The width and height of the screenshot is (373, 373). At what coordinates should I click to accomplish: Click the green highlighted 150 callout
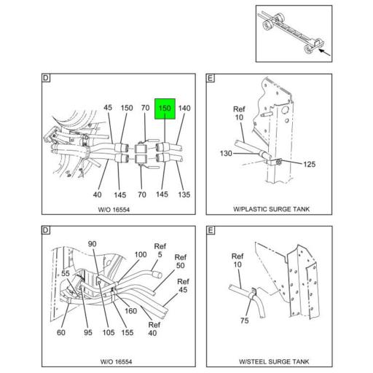(165, 109)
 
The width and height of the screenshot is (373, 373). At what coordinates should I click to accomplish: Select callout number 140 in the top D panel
(184, 108)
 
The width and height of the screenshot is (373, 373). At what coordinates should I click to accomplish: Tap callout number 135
(184, 195)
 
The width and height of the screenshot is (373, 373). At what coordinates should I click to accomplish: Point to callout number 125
(309, 165)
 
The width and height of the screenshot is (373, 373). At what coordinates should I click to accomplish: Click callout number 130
(226, 154)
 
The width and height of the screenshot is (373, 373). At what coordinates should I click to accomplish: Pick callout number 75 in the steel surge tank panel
(245, 321)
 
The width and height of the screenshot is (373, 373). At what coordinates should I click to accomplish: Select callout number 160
(130, 311)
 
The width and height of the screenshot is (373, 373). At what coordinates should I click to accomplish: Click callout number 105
(109, 332)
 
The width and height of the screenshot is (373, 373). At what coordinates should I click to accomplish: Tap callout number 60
(61, 332)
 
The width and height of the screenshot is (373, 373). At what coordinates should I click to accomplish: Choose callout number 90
(92, 244)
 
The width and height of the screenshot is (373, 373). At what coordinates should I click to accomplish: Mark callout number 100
(141, 254)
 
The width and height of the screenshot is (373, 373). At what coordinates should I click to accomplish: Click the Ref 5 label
(160, 251)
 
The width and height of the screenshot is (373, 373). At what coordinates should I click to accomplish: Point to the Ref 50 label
(181, 262)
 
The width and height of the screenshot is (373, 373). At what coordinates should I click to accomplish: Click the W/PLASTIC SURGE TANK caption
(271, 209)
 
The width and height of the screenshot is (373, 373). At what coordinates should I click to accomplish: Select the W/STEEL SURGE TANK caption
(274, 361)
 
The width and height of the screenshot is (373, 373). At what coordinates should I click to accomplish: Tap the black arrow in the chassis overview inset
(324, 52)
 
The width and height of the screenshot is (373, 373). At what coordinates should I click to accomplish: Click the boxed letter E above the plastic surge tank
(211, 78)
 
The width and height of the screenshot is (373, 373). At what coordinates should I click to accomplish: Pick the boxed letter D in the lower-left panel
(46, 230)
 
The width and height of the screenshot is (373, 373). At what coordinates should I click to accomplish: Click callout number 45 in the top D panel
(108, 108)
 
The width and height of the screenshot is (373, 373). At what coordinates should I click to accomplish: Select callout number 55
(66, 273)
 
